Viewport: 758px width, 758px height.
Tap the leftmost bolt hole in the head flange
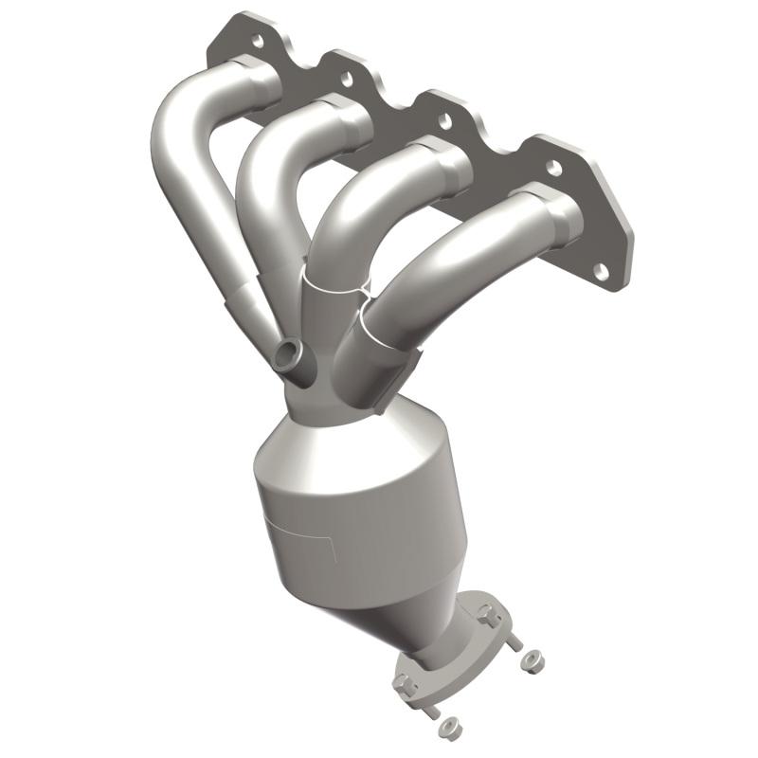coord(256,41)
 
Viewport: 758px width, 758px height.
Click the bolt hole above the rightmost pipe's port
coord(552,167)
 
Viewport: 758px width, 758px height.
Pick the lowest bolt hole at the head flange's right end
coord(601,271)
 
